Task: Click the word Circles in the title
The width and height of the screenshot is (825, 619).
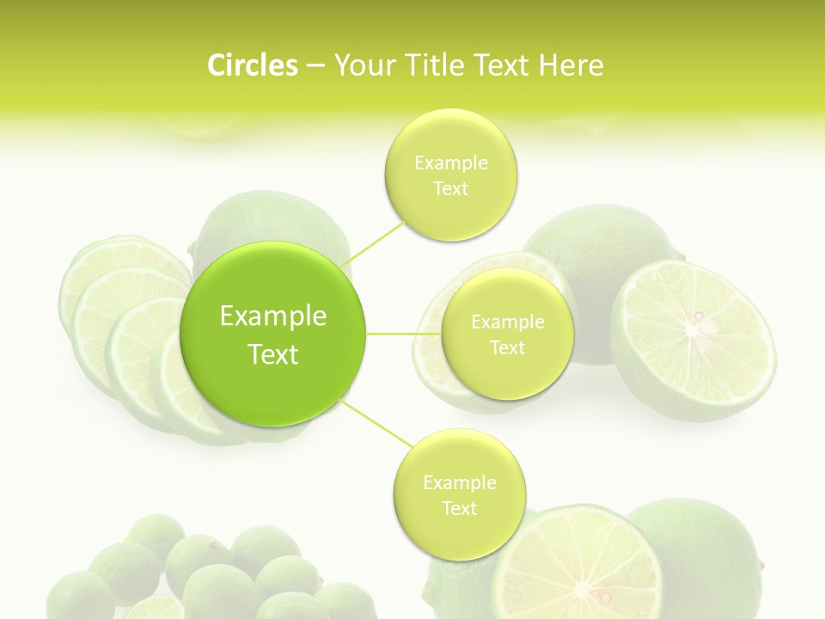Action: pyautogui.click(x=252, y=65)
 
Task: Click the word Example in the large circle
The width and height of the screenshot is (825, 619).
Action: pyautogui.click(x=273, y=316)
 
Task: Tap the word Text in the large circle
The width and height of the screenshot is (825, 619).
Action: pyautogui.click(x=273, y=354)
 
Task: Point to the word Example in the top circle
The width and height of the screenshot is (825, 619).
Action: pyautogui.click(x=450, y=162)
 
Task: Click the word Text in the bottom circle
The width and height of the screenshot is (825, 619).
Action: pyautogui.click(x=459, y=508)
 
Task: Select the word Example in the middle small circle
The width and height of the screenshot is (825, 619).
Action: pyautogui.click(x=507, y=322)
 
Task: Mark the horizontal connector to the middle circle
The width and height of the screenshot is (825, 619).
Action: pyautogui.click(x=403, y=334)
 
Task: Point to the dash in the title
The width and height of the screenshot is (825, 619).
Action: pyautogui.click(x=315, y=65)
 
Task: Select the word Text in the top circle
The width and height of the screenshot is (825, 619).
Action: pyautogui.click(x=450, y=188)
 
